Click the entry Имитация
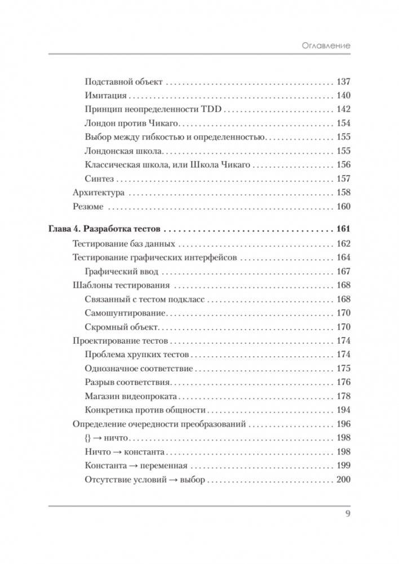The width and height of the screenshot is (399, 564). [105, 95]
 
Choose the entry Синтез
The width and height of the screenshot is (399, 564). [99, 179]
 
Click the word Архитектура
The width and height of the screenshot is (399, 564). [98, 193]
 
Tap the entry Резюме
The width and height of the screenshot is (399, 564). [88, 207]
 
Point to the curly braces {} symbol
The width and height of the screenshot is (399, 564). [88, 438]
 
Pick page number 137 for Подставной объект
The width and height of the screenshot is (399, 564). [343, 81]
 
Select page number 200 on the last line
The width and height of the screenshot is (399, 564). [343, 480]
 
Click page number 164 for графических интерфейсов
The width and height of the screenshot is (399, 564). [343, 257]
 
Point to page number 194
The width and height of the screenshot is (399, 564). [343, 410]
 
